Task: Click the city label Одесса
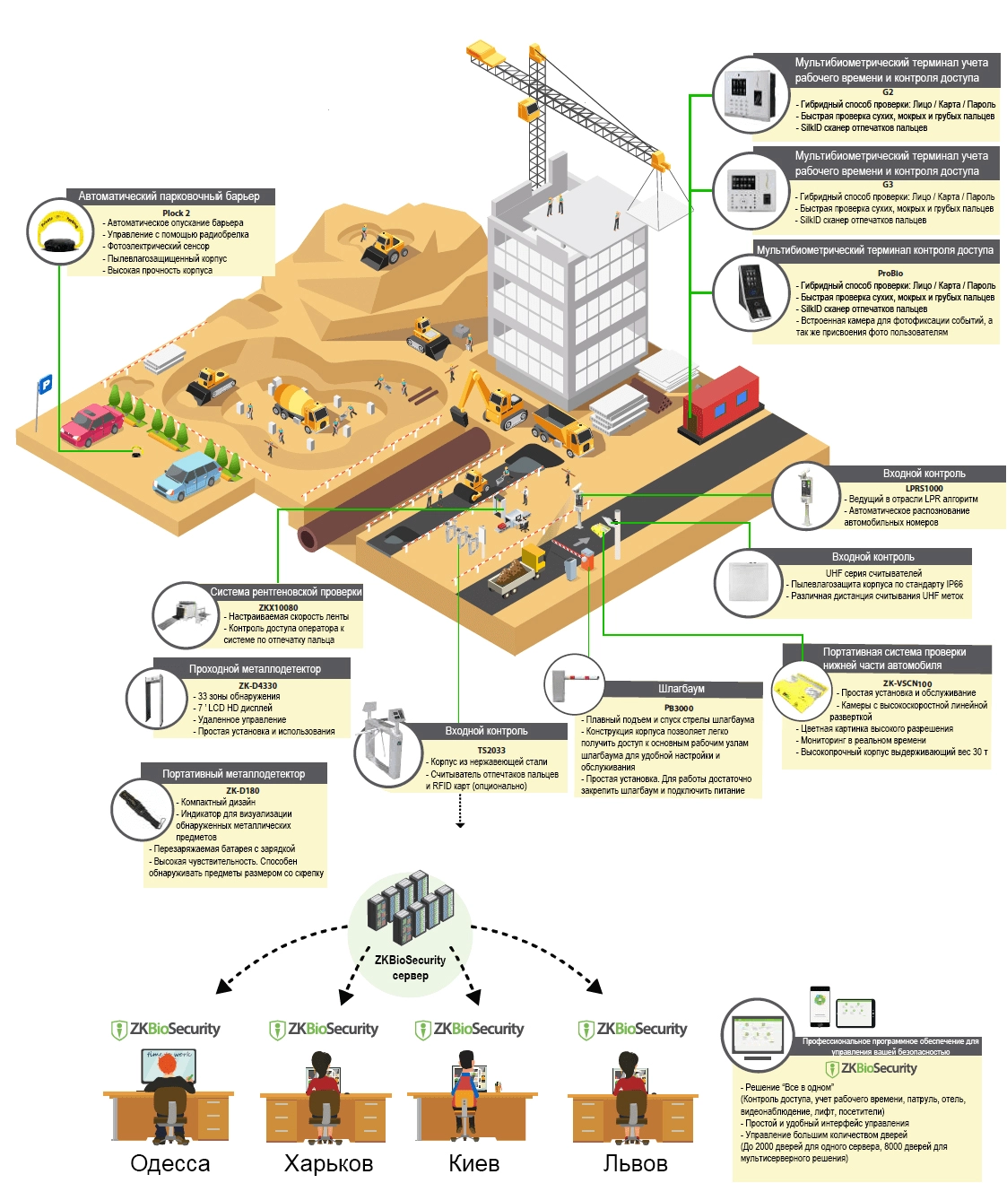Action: coord(169,1163)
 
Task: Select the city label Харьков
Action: coord(328,1163)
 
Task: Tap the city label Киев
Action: coord(473,1163)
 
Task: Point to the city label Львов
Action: coord(635,1163)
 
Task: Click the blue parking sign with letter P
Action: coord(45,385)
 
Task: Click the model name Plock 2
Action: coord(176,213)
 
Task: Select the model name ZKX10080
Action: coord(278,607)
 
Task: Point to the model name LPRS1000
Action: coord(924,489)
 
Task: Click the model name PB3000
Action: coord(679,708)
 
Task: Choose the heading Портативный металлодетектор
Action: coord(233,773)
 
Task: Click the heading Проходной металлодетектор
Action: coord(255,669)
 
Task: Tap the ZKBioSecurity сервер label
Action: coord(410,967)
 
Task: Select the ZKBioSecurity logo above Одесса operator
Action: coord(166,1030)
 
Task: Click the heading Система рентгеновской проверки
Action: coord(286,592)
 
